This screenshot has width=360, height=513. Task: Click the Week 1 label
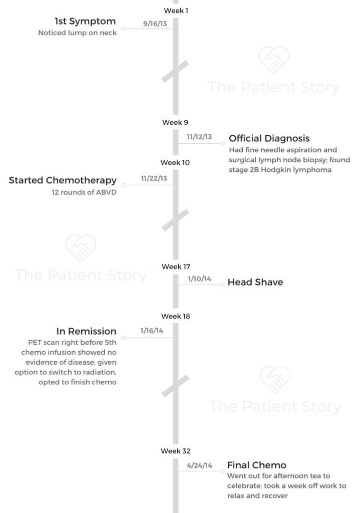pos(176,11)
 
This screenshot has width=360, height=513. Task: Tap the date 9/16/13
pos(155,24)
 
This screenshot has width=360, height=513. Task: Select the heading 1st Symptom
pos(85,21)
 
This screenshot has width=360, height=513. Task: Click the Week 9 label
pos(175,122)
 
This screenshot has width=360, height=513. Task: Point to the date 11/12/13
pos(199,137)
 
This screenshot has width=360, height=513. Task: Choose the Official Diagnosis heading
pos(269,138)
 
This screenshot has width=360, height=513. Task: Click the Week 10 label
pos(175,163)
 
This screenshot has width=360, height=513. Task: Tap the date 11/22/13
pos(154,178)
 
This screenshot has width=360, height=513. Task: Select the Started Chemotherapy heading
pos(63,180)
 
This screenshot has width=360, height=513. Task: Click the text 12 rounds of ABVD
pos(84,192)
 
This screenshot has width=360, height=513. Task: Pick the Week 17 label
pos(176,267)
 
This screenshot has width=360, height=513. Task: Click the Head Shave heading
pos(255,282)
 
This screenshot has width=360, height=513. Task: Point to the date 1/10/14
pos(199,279)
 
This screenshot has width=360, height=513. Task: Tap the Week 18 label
pos(176,317)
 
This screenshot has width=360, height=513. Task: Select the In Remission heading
pos(86,331)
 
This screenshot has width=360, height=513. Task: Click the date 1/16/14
pos(152,331)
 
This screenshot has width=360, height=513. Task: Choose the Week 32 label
pos(176,451)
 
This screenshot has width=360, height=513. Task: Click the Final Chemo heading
pos(257,465)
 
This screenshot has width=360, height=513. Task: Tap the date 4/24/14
pos(199,465)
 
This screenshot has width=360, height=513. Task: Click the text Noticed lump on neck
pos(78,33)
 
